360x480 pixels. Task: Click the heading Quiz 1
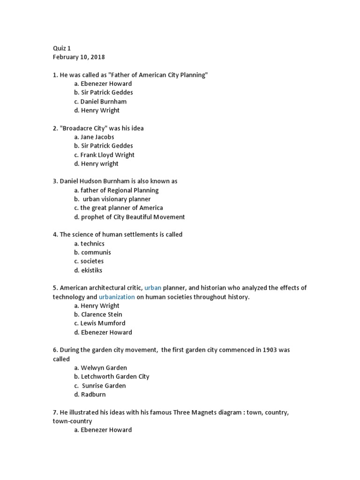click(61, 48)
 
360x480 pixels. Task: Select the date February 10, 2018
click(79, 57)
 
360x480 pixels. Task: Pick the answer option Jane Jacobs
click(94, 137)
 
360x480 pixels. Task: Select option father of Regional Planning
click(116, 190)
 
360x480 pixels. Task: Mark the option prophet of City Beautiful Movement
click(129, 217)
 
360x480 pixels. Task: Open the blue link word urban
click(153, 288)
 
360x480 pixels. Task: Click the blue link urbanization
click(117, 297)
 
